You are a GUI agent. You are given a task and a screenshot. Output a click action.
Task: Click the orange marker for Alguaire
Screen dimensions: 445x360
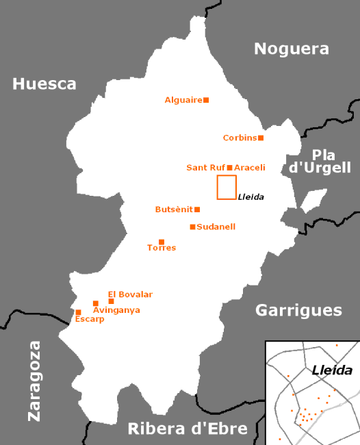point(206,100)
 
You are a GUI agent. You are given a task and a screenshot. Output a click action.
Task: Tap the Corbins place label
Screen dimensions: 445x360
point(240,138)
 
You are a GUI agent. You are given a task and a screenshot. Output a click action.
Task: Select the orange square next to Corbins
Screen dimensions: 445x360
point(261,138)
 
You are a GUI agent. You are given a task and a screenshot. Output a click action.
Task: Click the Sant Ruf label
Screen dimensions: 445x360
point(205,168)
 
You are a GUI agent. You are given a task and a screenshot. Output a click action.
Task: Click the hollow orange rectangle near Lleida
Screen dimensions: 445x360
point(227,187)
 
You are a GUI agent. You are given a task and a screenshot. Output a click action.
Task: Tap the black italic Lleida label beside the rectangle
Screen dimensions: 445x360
point(250,197)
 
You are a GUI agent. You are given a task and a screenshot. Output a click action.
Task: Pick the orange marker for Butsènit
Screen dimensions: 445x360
point(197,209)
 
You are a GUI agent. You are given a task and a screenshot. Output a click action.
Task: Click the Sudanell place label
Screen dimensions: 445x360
point(216,227)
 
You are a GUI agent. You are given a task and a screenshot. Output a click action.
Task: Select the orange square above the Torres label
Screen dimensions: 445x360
point(162,242)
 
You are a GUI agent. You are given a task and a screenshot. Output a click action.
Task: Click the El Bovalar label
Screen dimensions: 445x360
point(130,294)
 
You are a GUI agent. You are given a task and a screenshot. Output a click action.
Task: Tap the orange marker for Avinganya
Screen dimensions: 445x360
point(96,303)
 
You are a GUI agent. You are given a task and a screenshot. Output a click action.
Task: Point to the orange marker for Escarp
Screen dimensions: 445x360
point(78,312)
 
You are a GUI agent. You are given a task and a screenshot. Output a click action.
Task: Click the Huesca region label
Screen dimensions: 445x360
point(44,84)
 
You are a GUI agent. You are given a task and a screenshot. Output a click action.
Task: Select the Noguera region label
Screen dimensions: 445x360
point(292,49)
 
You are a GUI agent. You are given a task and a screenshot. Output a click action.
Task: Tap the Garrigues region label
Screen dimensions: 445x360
point(298,310)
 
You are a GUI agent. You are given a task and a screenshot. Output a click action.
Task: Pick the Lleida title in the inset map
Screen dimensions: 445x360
point(332,371)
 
